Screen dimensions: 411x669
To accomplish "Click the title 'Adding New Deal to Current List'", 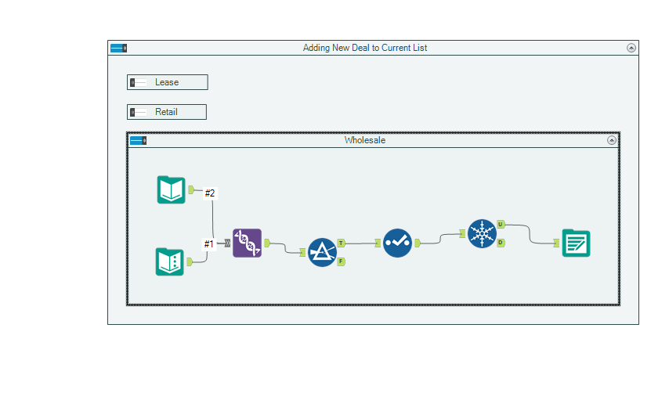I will (x=365, y=48).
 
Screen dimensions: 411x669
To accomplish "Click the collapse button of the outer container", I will (x=631, y=48).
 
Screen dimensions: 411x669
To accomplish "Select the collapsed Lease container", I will (x=168, y=82).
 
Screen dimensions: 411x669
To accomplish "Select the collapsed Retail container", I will (x=167, y=112).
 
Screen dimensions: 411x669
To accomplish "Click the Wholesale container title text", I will (x=365, y=141).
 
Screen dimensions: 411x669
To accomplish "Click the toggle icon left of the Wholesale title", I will (x=138, y=141).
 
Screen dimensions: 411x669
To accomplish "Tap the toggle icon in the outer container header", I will (x=118, y=48).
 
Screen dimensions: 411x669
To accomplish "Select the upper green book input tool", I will (x=172, y=189).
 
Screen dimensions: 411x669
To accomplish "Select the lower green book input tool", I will (x=170, y=261).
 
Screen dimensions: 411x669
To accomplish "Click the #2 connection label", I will (x=209, y=193).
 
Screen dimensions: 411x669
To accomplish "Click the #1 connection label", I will (x=209, y=244).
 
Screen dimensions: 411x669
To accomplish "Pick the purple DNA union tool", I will (x=247, y=243).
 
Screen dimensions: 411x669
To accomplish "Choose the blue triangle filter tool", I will (x=322, y=252).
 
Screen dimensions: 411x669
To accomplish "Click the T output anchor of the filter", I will (x=342, y=243).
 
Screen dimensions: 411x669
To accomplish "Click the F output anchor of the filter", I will (x=342, y=261).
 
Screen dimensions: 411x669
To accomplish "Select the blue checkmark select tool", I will (x=397, y=243).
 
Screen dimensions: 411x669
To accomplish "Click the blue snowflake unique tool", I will (x=482, y=233).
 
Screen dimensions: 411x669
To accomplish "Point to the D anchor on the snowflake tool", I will (x=501, y=243).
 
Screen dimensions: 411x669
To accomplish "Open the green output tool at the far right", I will (x=576, y=243).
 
